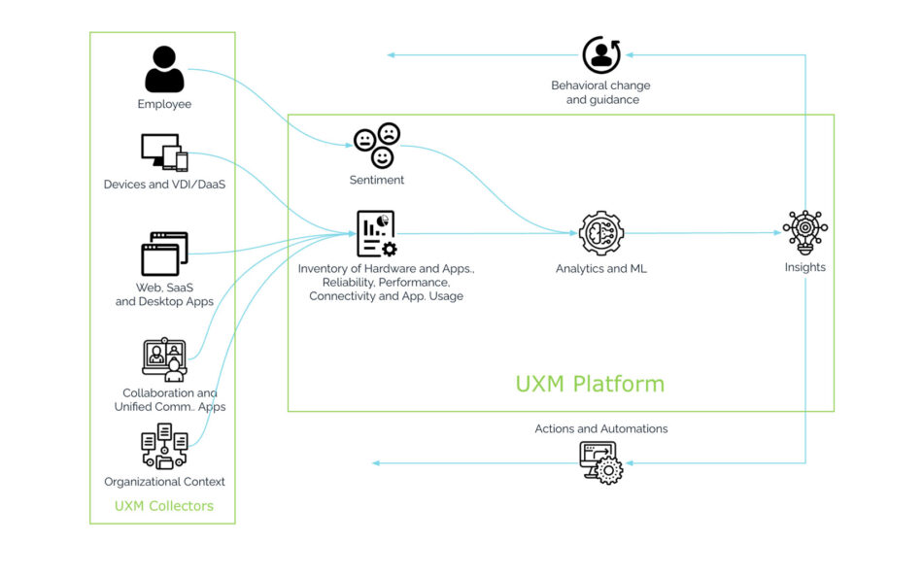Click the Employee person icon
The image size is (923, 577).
[x=164, y=70]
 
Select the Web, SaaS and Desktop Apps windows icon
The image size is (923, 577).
[x=164, y=254]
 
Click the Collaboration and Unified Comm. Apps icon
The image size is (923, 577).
[x=164, y=359]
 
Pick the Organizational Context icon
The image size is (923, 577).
[x=164, y=447]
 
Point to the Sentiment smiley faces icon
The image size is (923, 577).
[x=377, y=145]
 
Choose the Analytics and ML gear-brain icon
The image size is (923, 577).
[x=601, y=233]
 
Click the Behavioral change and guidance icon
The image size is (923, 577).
[x=601, y=55]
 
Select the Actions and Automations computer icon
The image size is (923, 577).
[x=601, y=462]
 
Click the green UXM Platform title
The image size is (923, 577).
[x=590, y=384]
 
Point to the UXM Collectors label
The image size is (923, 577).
[x=164, y=506]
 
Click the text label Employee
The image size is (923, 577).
[x=164, y=104]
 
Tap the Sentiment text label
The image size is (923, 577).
[x=377, y=180]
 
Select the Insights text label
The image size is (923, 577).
[x=804, y=267]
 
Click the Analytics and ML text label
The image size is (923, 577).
[x=601, y=269]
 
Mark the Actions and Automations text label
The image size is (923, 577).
[x=601, y=428]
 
